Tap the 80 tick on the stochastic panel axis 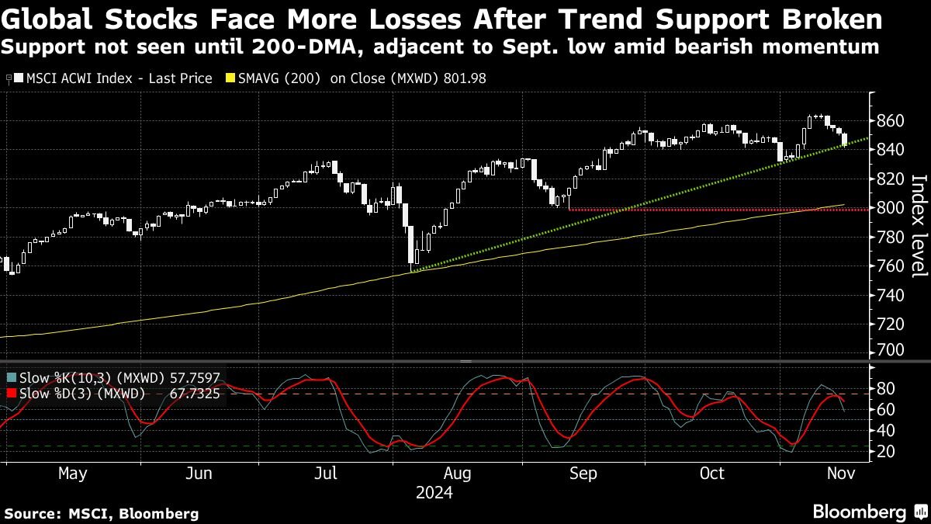tap(886, 388)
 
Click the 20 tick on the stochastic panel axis tap(886, 452)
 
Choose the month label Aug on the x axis tap(457, 474)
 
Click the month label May tap(73, 474)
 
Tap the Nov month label tap(839, 474)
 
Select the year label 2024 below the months tap(434, 492)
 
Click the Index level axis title tap(919, 225)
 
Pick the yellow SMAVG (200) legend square tap(230, 78)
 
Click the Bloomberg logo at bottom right tap(859, 512)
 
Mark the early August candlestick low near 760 tap(410, 268)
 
